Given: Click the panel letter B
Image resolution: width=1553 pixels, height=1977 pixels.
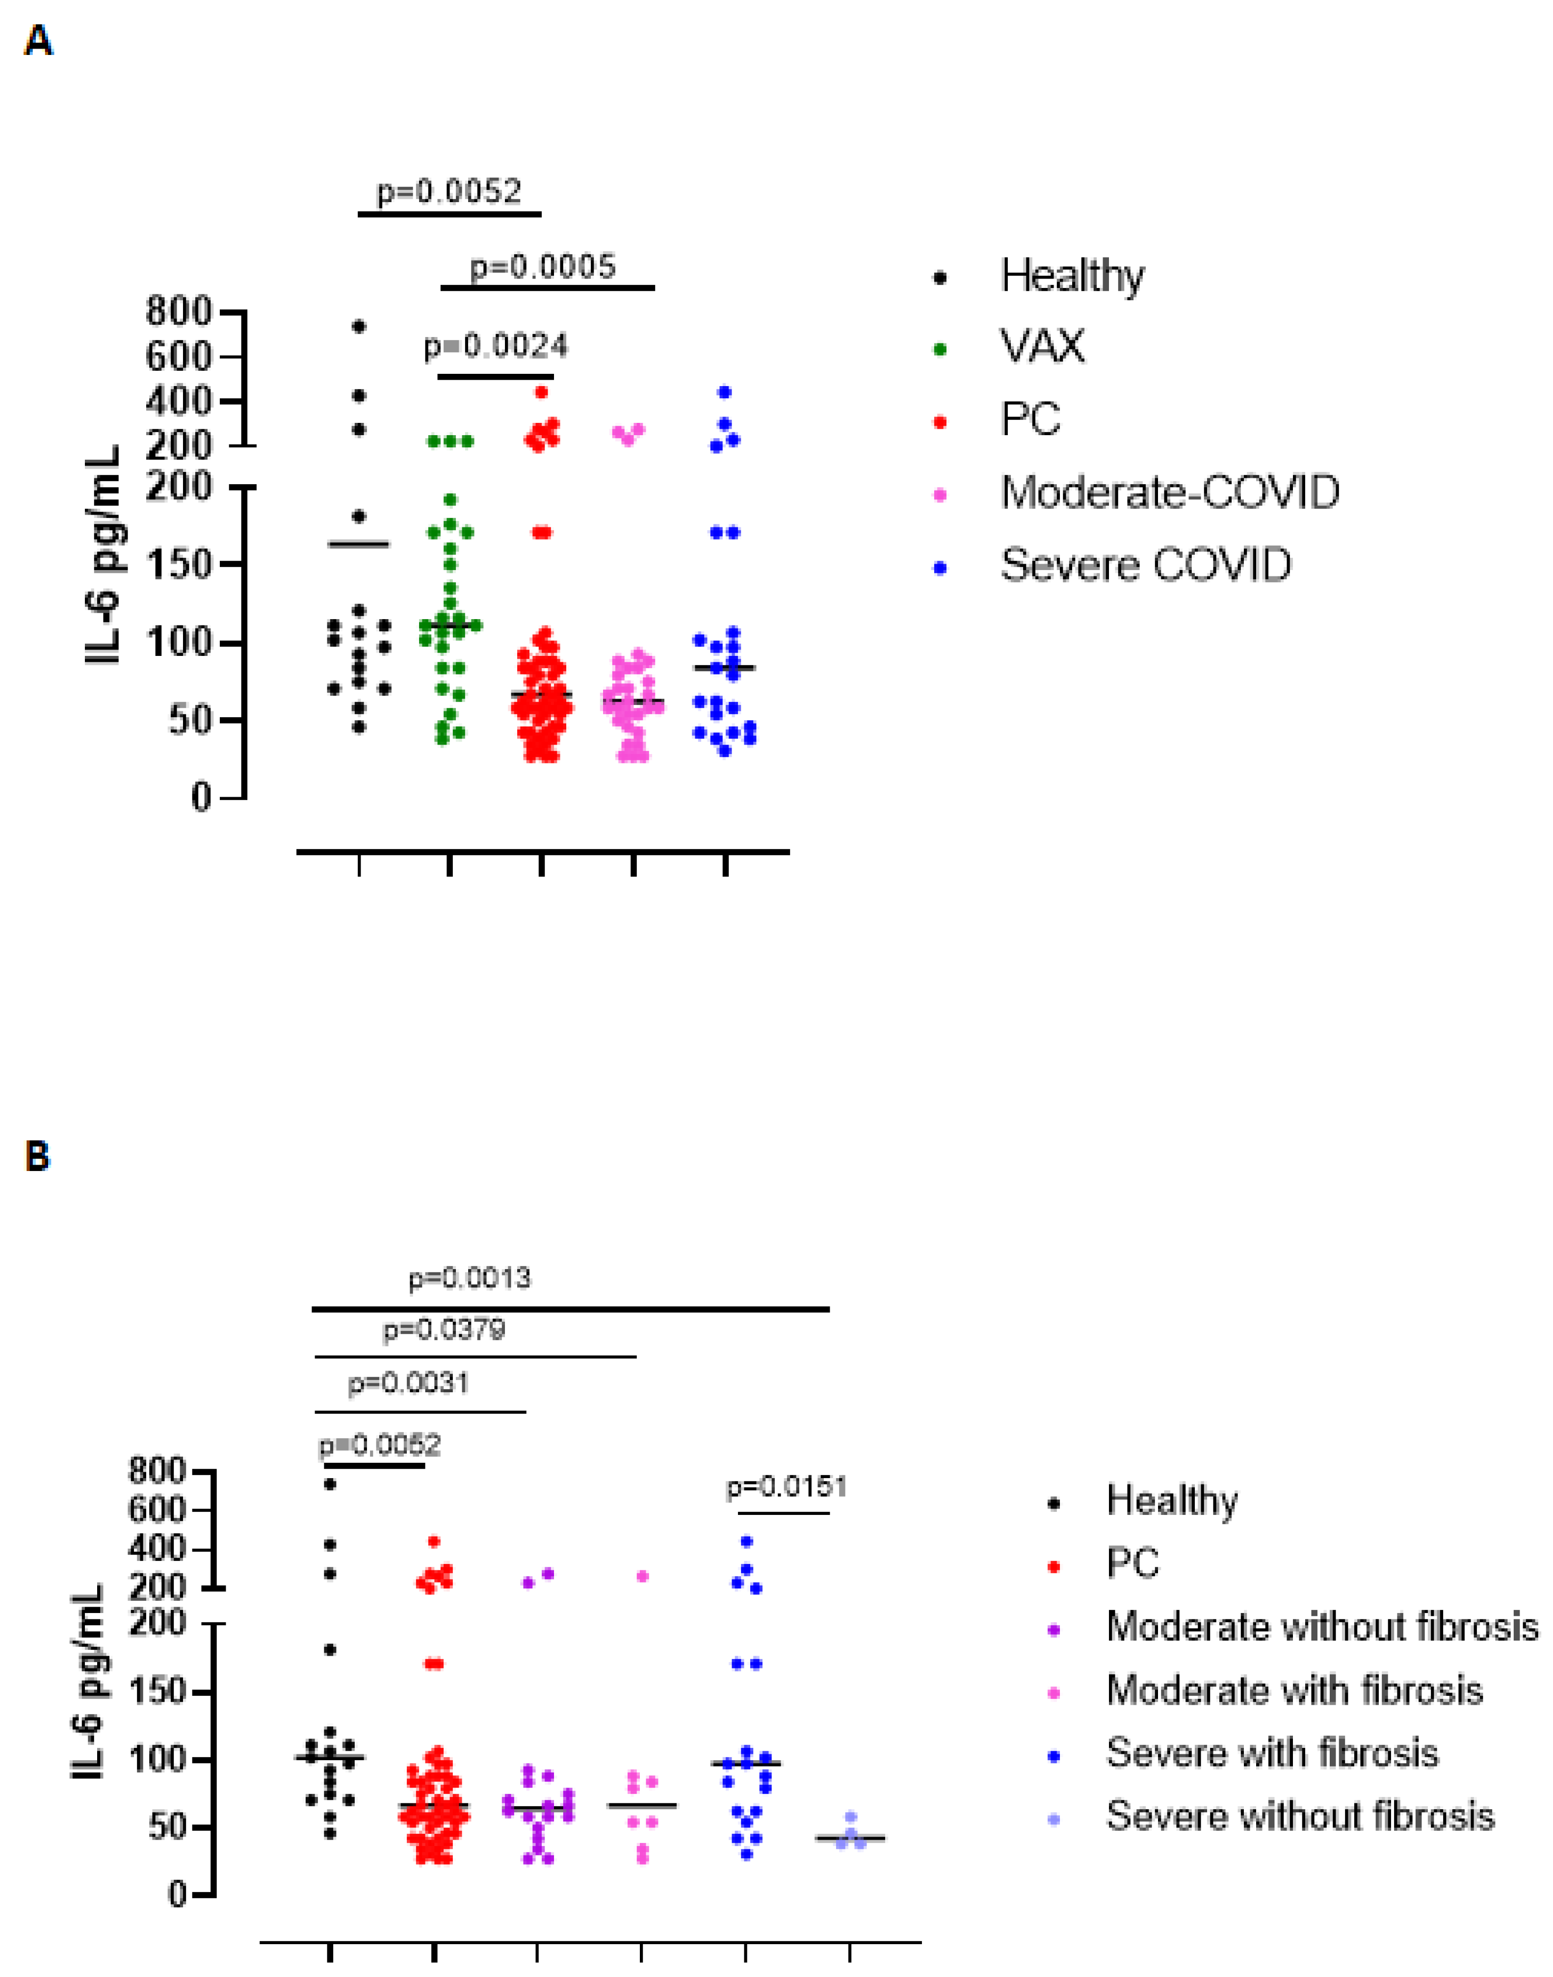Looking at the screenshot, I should tap(37, 1157).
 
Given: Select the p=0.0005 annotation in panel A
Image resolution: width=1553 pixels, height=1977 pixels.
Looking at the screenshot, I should tap(543, 266).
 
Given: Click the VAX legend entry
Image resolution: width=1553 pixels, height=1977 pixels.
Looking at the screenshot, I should tap(1042, 346).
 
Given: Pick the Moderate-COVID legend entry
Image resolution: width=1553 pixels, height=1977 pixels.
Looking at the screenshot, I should tap(1169, 493).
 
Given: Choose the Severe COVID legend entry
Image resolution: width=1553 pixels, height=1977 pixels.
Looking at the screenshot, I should tap(1146, 565).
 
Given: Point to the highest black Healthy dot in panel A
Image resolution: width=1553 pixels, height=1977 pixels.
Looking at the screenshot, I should tap(359, 325).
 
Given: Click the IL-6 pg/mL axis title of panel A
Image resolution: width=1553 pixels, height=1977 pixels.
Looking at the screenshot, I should tap(103, 554).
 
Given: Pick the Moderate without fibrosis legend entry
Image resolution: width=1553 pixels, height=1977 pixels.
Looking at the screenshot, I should tap(1321, 1626).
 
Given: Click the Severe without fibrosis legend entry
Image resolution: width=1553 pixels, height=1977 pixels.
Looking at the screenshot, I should tap(1299, 1816).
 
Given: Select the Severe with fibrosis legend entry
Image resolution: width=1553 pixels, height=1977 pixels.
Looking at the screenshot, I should tap(1271, 1752).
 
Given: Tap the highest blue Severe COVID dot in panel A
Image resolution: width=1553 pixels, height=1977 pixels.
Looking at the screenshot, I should tap(725, 392).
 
